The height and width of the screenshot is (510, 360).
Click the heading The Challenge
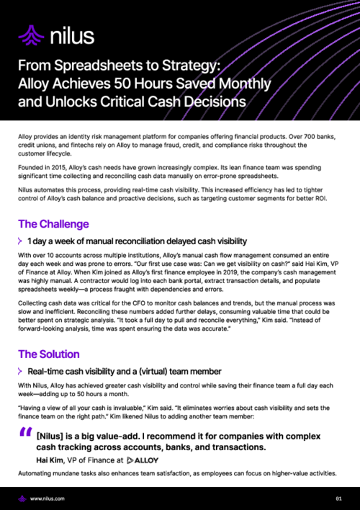tap(53, 224)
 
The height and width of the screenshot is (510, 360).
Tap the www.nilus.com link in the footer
tap(48, 498)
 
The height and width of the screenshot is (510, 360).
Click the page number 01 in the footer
tap(338, 498)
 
